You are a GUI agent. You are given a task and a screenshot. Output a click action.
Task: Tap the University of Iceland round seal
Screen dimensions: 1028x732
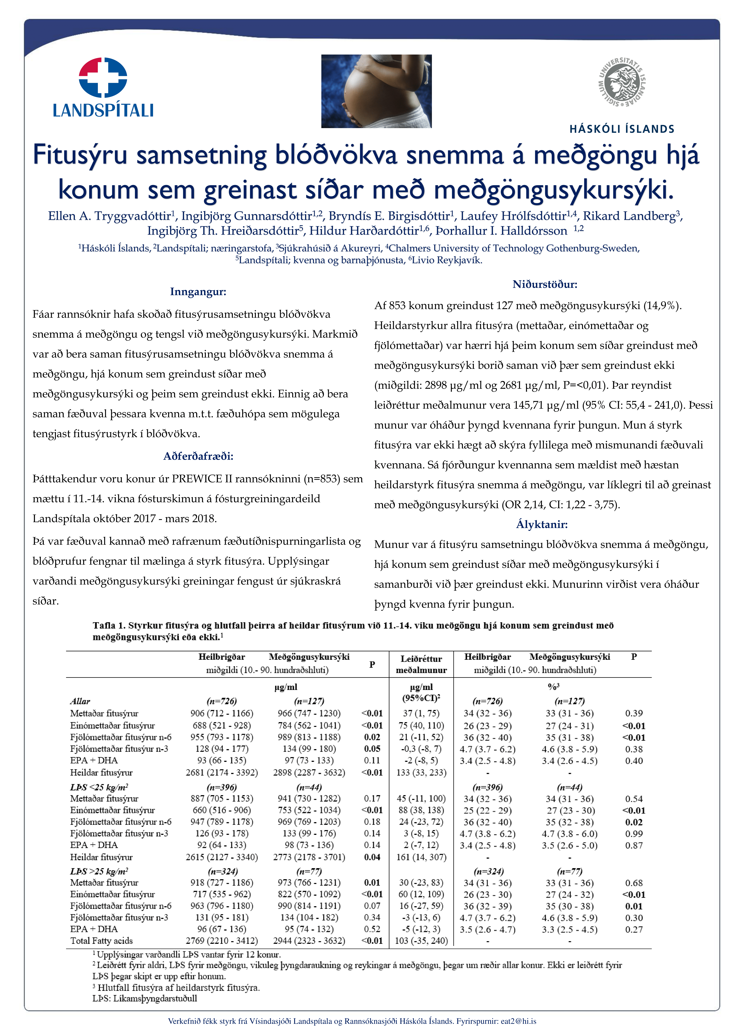pyautogui.click(x=622, y=82)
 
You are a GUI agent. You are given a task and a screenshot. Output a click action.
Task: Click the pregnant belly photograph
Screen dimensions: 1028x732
pyautogui.click(x=376, y=91)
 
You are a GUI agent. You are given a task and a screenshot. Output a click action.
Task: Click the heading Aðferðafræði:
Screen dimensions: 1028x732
pyautogui.click(x=198, y=456)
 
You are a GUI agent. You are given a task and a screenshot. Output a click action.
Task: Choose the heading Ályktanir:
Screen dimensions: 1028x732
pyautogui.click(x=542, y=524)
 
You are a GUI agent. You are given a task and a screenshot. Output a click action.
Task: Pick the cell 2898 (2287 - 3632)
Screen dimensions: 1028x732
pyautogui.click(x=309, y=773)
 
